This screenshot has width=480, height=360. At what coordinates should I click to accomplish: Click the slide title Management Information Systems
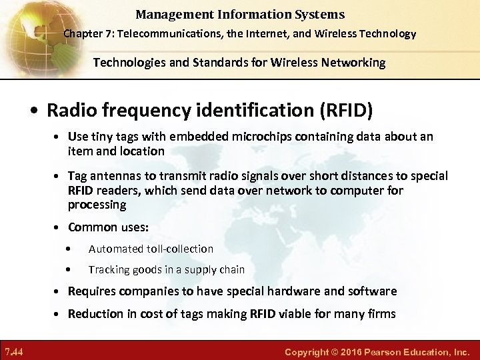240,14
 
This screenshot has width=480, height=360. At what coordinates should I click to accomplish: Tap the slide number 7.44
14,351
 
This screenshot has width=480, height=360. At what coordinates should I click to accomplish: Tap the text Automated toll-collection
151,249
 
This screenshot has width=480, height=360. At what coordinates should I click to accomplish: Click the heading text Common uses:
108,227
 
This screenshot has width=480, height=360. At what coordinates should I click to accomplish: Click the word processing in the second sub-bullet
97,205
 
